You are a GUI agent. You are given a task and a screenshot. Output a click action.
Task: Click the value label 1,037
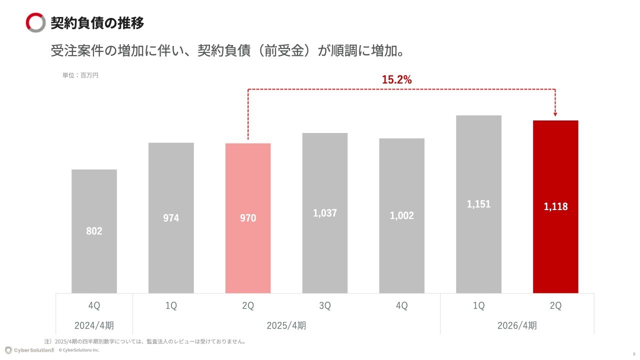pyautogui.click(x=325, y=213)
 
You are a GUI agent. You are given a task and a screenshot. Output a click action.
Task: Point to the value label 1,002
pyautogui.click(x=402, y=215)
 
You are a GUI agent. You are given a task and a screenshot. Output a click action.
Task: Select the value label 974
pyautogui.click(x=171, y=218)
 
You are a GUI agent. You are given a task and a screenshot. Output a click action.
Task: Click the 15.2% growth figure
pyautogui.click(x=396, y=79)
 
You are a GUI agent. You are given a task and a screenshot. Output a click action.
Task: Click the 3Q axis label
pyautogui.click(x=325, y=306)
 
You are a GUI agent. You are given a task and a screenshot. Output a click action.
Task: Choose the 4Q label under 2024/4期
pyautogui.click(x=94, y=306)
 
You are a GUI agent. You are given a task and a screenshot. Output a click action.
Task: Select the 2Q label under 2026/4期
pyautogui.click(x=555, y=306)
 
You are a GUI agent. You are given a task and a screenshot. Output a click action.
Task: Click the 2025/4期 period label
pyautogui.click(x=286, y=325)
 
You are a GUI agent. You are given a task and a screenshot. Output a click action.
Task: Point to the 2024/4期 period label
pyautogui.click(x=94, y=325)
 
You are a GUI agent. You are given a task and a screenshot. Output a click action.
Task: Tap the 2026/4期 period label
pyautogui.click(x=517, y=325)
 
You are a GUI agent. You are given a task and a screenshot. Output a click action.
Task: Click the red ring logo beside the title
pyautogui.click(x=35, y=23)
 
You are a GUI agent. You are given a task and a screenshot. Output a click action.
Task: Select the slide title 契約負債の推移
pyautogui.click(x=97, y=23)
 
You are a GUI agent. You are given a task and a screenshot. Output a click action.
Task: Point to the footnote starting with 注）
pyautogui.click(x=145, y=341)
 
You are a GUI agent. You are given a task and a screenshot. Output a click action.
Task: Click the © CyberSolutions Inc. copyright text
pyautogui.click(x=79, y=350)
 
